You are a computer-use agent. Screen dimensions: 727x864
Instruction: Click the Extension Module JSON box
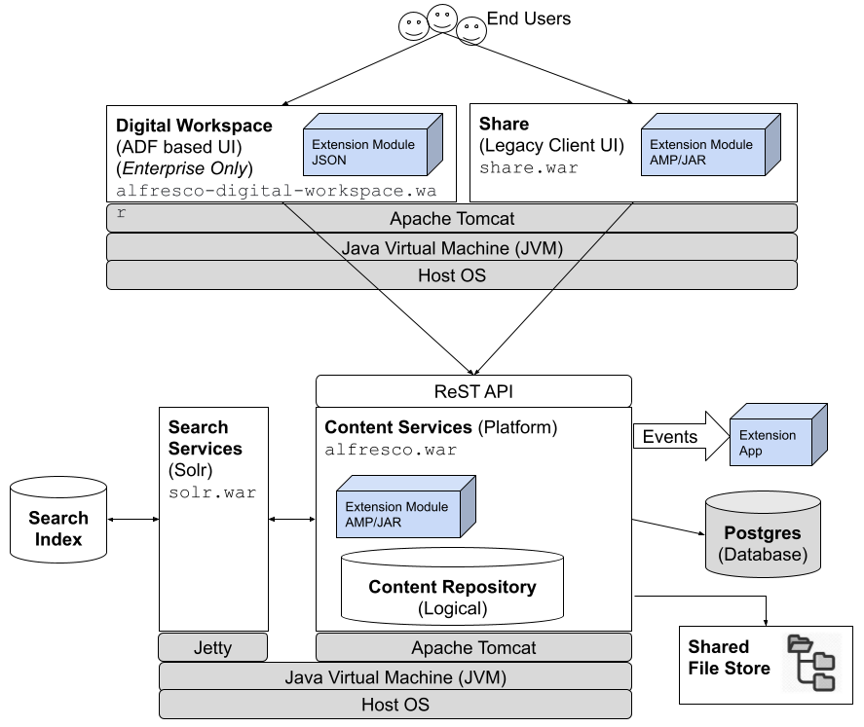366,151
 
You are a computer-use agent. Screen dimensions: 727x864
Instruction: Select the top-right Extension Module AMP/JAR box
704,151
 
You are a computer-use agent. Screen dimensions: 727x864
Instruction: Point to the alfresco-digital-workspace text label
276,192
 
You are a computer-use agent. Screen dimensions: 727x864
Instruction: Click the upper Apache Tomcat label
451,218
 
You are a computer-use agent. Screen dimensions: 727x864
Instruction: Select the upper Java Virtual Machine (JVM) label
452,247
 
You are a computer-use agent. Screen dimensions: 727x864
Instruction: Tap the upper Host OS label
451,275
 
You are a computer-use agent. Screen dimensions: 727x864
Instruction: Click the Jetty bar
212,647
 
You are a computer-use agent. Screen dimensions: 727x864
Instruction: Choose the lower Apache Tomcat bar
473,647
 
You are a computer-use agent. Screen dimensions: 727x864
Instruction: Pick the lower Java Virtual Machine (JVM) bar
394,676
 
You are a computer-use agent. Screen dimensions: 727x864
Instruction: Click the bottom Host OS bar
394,705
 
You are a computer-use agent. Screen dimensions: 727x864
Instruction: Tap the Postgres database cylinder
763,535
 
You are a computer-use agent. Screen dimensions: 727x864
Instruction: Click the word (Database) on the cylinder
763,555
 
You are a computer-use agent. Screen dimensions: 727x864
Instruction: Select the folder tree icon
810,663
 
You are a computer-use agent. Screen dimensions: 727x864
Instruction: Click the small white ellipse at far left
58,488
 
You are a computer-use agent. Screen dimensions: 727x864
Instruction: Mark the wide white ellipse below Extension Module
452,558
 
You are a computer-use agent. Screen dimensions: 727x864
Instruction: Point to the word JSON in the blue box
329,160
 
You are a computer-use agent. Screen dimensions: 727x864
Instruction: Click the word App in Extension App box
751,451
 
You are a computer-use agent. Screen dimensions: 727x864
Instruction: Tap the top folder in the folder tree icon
799,643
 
